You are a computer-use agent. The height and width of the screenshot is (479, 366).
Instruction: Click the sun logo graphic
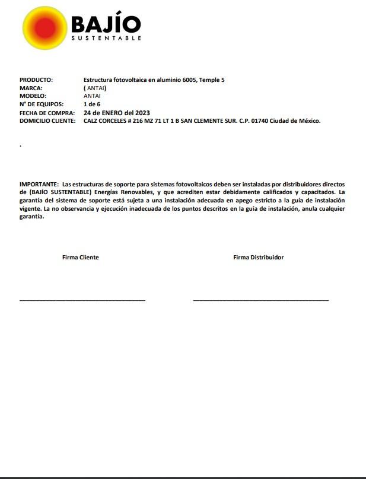[44, 28]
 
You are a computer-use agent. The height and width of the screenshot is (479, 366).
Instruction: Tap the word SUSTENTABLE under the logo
[106, 39]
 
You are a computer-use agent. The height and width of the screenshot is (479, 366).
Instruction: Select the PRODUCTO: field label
[36, 80]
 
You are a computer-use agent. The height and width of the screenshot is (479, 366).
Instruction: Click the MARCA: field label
[31, 88]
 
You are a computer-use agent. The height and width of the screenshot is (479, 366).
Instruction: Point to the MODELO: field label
[33, 96]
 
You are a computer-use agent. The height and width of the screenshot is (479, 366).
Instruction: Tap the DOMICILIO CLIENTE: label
[47, 121]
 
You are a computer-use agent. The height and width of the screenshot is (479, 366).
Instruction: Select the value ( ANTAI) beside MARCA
[95, 88]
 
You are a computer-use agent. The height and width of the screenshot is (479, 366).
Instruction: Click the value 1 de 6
[92, 104]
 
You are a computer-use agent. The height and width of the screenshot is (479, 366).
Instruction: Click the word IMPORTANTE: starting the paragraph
[39, 185]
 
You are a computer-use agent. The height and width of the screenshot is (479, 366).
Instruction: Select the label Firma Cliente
[81, 258]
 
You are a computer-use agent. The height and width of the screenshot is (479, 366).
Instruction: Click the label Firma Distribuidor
[258, 258]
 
